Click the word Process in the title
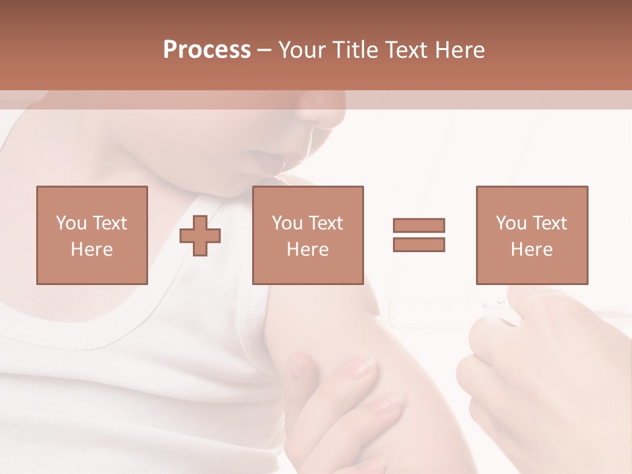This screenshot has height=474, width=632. [x=207, y=50]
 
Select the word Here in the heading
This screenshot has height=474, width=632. [x=459, y=50]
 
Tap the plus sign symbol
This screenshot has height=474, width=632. [x=200, y=236]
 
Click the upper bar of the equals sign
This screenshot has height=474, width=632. [x=419, y=226]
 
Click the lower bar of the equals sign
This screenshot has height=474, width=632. [x=419, y=244]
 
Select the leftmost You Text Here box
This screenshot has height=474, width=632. [x=92, y=235]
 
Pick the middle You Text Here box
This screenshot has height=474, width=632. [x=307, y=235]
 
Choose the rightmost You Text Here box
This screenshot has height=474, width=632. [x=531, y=235]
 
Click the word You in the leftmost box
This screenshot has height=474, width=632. [x=70, y=223]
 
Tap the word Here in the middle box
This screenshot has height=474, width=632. [x=307, y=250]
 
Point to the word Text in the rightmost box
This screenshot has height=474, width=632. [x=550, y=223]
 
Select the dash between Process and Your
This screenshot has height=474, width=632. [x=265, y=50]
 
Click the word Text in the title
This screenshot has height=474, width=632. [x=405, y=50]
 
